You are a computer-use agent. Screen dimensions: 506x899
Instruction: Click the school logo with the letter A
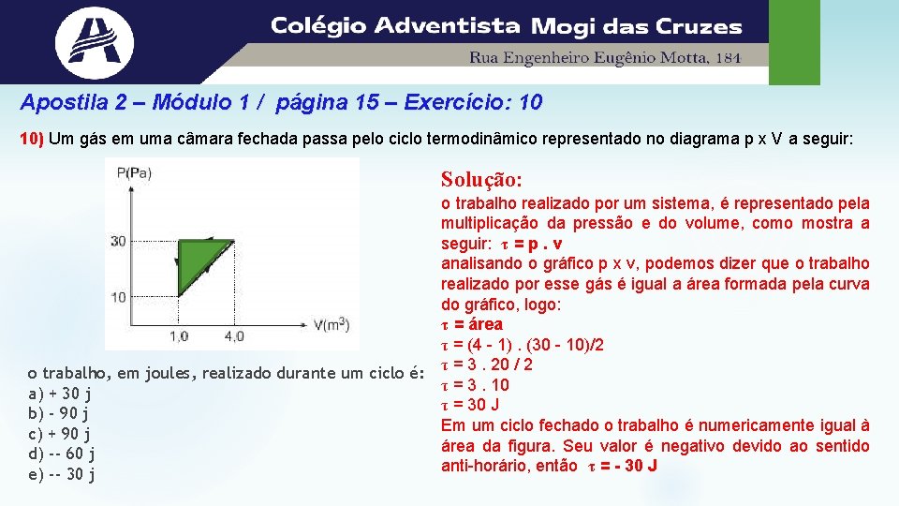94,41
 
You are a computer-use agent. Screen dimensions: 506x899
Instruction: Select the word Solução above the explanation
481,178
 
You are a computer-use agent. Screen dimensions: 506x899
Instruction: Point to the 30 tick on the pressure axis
118,241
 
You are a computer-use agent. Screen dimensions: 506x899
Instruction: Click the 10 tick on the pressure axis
118,297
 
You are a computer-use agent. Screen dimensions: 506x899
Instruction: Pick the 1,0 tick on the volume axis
179,335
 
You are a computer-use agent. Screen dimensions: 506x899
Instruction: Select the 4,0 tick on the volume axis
234,335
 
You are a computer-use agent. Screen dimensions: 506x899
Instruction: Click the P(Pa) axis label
134,171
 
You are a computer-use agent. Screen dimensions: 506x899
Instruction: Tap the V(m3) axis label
331,325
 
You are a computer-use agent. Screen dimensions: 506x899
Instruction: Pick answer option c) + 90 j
60,434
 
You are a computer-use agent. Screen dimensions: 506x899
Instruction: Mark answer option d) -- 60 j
63,454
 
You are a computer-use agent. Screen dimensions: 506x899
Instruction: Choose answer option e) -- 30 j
63,474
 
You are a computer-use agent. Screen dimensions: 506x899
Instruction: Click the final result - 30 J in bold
630,466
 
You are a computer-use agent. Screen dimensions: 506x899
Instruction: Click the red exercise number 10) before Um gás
32,140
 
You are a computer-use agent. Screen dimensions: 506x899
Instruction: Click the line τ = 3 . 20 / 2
486,365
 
